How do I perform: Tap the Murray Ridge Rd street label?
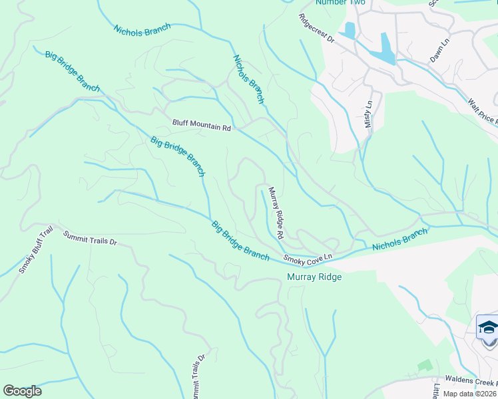276,213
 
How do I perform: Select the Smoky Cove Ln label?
308,258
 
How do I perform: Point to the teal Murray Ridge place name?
314,277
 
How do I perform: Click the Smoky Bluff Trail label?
36,250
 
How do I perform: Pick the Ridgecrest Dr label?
316,29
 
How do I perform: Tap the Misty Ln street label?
370,114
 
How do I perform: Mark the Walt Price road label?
483,112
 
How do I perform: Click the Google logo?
22,391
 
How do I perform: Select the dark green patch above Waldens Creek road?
424,365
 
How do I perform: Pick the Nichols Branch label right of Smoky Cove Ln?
399,240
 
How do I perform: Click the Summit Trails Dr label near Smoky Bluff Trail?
90,237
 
